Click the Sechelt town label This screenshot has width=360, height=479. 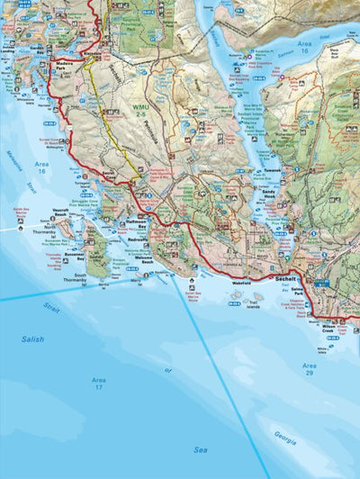287,280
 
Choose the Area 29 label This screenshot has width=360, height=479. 309,369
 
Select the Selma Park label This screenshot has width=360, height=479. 323,291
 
